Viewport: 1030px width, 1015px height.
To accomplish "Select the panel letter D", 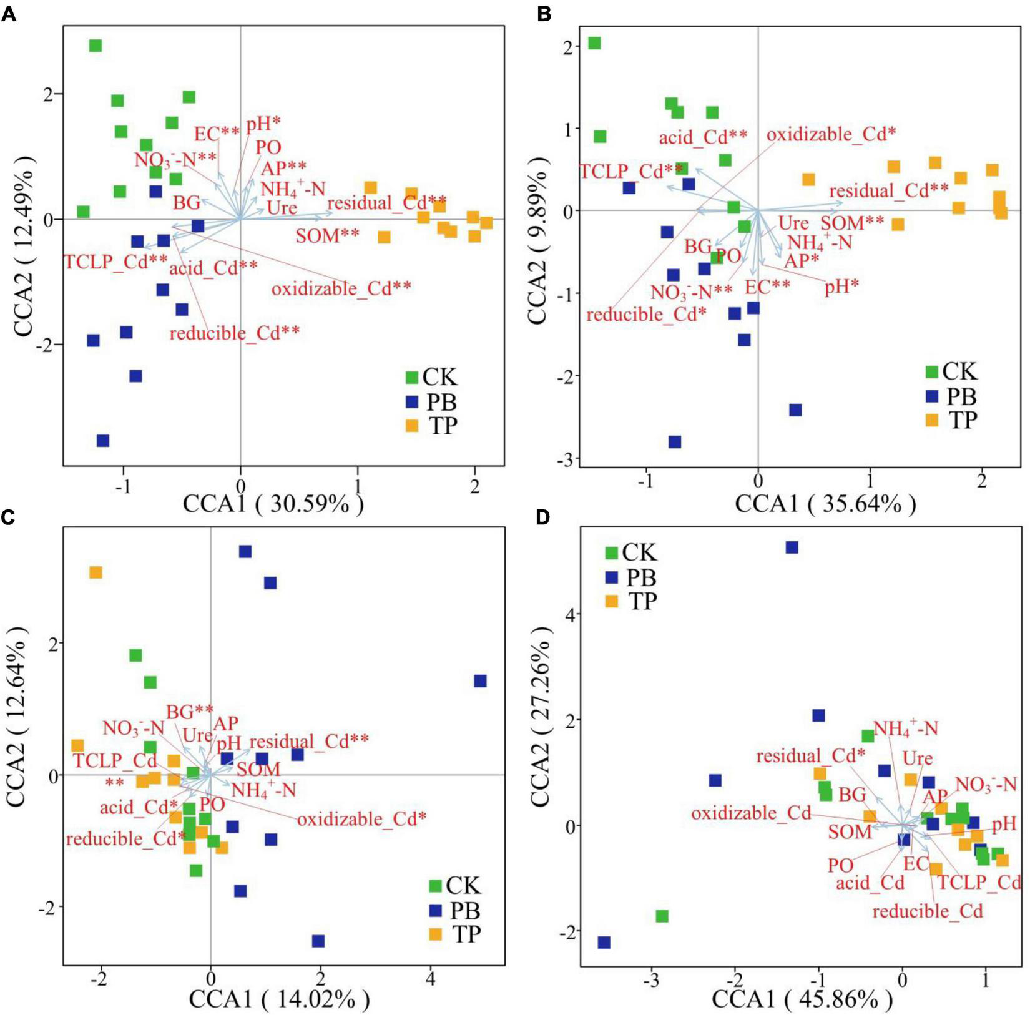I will click(x=544, y=517).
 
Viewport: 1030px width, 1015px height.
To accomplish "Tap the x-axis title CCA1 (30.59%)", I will click(x=273, y=504).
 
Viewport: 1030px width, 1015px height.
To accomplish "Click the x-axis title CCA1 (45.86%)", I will click(x=802, y=999).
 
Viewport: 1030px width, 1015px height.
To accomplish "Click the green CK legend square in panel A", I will click(x=412, y=377).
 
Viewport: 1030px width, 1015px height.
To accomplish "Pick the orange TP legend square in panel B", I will click(x=932, y=420).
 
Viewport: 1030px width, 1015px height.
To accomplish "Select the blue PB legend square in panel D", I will click(x=612, y=577).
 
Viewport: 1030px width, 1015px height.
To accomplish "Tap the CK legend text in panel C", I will click(x=463, y=885).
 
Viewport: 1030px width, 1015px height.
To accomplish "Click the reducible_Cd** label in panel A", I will click(x=234, y=333).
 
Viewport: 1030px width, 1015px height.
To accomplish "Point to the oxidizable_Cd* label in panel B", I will click(x=831, y=134).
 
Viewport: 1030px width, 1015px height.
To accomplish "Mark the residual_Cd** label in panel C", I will click(x=309, y=741).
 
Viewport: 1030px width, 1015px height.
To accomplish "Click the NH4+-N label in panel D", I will click(x=905, y=728).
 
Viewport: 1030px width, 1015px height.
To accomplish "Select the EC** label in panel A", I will click(x=217, y=134).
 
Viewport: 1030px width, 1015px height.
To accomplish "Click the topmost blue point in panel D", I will click(x=792, y=547).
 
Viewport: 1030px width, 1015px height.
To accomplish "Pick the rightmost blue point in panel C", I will click(x=479, y=680).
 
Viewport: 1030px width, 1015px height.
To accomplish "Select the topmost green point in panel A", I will click(x=95, y=46).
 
